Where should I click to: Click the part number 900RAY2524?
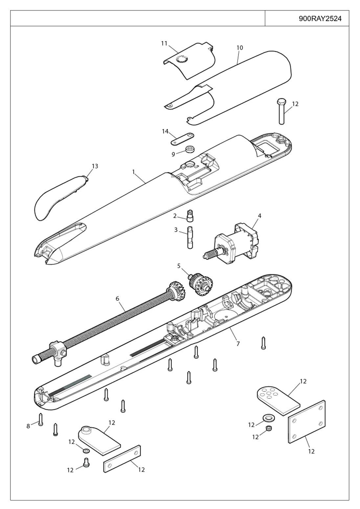[320, 18]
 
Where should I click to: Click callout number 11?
[164, 43]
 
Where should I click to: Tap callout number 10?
[240, 48]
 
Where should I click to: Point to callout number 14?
[165, 131]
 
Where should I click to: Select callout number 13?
[95, 166]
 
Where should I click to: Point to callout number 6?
[117, 299]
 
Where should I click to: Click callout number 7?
[238, 344]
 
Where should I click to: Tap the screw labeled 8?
[40, 419]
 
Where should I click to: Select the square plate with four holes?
[307, 421]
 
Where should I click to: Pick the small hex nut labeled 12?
[269, 428]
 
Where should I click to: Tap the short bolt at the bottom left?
[86, 463]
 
